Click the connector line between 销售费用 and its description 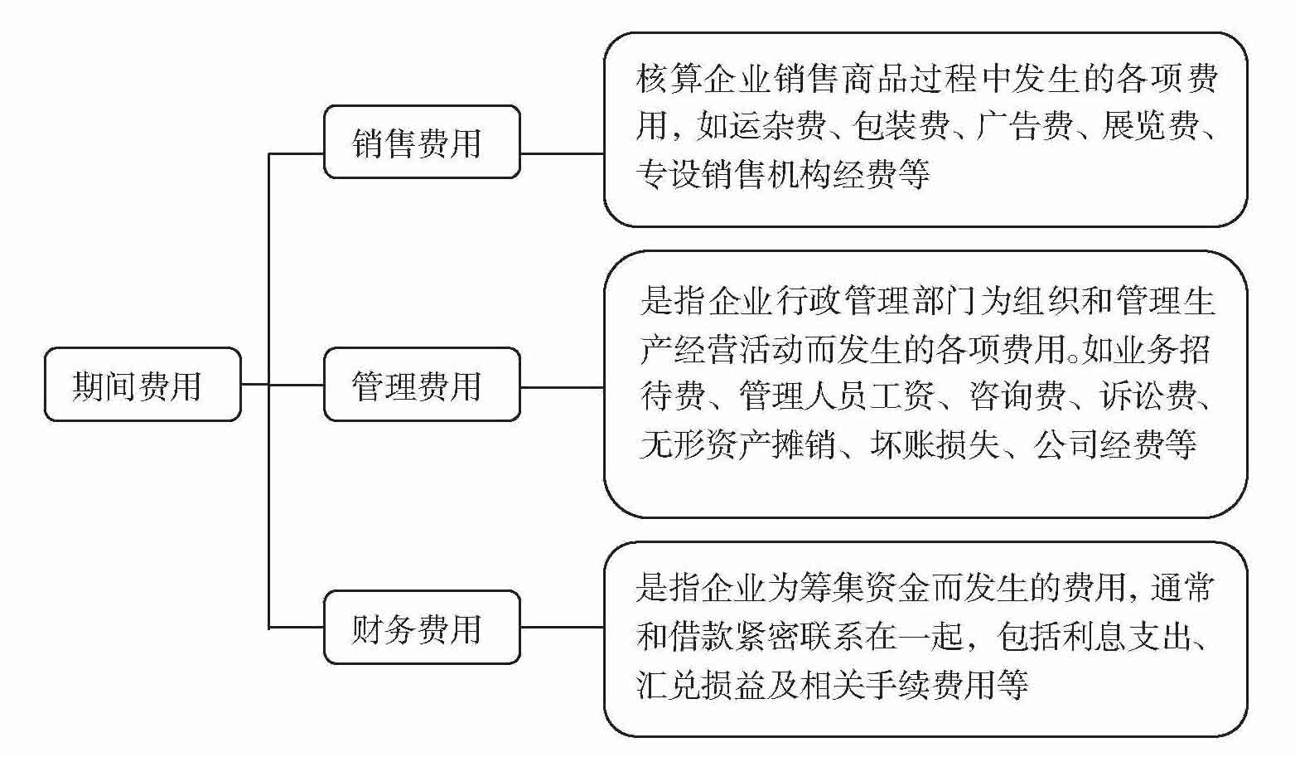click(562, 153)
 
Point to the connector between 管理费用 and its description click(562, 387)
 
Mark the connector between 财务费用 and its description click(562, 628)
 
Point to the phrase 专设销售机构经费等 click(783, 174)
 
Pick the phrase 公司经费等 click(1114, 445)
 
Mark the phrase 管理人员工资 click(837, 396)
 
